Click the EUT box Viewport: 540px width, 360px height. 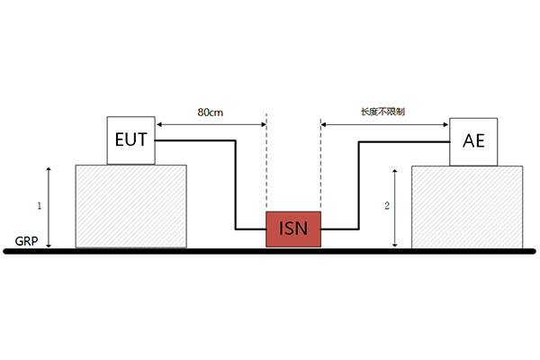131,140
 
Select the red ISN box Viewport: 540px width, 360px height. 292,231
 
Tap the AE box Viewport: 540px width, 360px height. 474,141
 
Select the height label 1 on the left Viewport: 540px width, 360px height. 39,206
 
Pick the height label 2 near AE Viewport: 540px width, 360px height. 386,206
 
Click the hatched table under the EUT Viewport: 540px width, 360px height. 130,206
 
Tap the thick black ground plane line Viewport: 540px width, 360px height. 270,251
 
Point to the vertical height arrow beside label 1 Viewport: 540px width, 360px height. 50,206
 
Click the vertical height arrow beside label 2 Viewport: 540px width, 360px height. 397,206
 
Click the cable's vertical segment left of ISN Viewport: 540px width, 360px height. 237,184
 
